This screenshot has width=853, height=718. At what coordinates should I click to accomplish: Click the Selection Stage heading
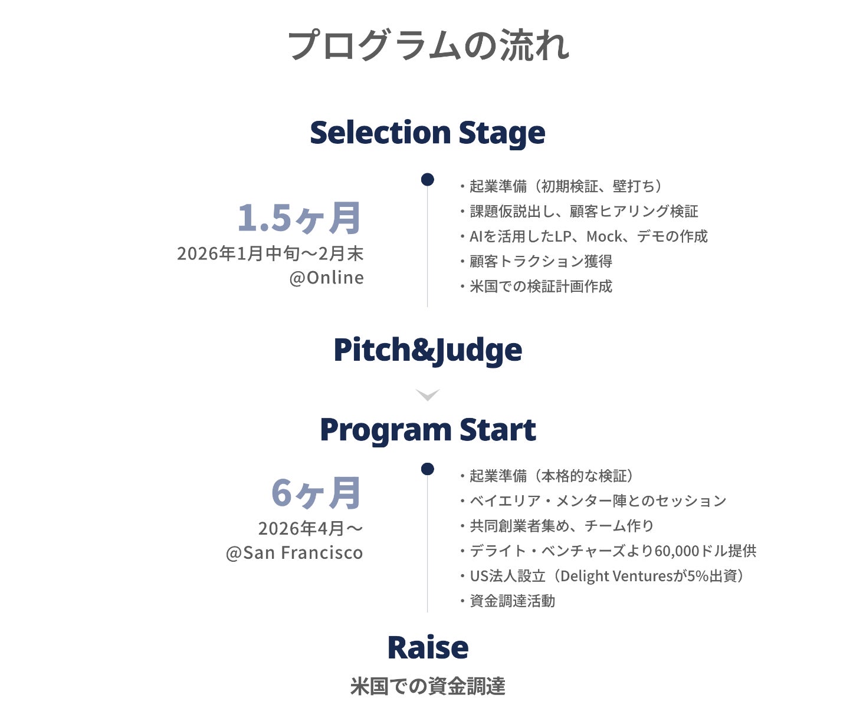[427, 133]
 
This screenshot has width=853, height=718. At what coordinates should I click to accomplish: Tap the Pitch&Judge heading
[427, 350]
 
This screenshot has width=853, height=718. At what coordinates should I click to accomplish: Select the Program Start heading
[427, 430]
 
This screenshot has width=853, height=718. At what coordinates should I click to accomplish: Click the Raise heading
[427, 647]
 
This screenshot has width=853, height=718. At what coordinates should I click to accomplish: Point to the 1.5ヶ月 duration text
[299, 218]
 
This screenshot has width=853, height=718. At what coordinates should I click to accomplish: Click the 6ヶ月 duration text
[316, 493]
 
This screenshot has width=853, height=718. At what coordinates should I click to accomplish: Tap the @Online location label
[326, 278]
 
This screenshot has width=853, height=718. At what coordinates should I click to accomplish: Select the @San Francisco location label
[294, 553]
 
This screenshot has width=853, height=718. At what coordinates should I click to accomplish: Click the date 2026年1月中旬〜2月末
[270, 253]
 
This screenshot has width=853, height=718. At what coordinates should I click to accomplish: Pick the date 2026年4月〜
[310, 528]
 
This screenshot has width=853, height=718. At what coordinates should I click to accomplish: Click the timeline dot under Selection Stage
[428, 179]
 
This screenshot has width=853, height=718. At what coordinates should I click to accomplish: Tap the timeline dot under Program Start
[428, 469]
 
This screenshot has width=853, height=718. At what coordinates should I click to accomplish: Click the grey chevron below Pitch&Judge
[427, 394]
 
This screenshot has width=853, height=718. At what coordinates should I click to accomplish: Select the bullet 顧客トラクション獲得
[540, 261]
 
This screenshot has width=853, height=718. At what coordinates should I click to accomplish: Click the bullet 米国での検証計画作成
[540, 286]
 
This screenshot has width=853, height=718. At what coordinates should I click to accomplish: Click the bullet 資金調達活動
[511, 601]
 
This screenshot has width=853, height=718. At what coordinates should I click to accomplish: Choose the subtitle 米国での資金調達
[427, 686]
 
